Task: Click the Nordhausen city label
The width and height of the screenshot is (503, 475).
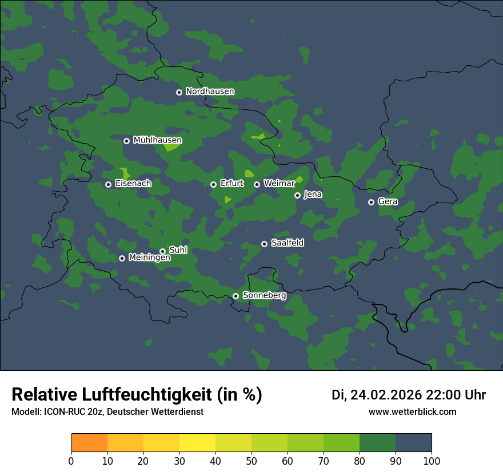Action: [210, 92]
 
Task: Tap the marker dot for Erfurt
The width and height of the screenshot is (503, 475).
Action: [213, 184]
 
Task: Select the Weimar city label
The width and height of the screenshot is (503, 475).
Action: [279, 184]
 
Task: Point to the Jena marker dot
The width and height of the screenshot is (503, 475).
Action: [297, 195]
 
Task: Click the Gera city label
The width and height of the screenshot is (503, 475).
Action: [388, 202]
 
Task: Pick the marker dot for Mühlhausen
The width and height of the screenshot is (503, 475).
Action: [126, 141]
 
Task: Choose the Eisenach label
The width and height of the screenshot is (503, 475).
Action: [133, 184]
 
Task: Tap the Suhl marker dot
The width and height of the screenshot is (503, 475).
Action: [162, 251]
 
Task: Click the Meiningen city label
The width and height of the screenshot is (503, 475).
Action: [149, 258]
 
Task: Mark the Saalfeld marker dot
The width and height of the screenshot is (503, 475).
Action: [264, 244]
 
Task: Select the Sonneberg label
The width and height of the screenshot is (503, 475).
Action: [264, 296]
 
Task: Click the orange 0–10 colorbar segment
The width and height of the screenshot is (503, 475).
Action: [89, 443]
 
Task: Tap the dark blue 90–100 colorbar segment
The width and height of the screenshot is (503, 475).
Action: [413, 443]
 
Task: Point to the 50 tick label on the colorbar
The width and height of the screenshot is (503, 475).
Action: [251, 461]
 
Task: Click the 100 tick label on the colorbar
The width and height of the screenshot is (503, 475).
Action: [432, 461]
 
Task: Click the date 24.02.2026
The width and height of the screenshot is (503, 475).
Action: [386, 395]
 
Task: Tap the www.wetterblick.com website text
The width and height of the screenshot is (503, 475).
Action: [412, 412]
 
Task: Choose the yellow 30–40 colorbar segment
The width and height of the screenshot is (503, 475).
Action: [197, 443]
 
